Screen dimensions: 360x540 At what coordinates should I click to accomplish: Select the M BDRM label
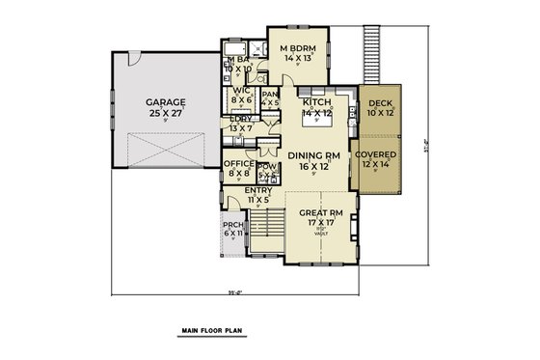(x=298, y=47)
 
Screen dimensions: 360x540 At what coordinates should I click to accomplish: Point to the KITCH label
(x=318, y=101)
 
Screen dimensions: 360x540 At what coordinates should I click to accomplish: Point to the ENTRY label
(x=258, y=191)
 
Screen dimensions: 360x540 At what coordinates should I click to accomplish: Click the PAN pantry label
(x=270, y=95)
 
